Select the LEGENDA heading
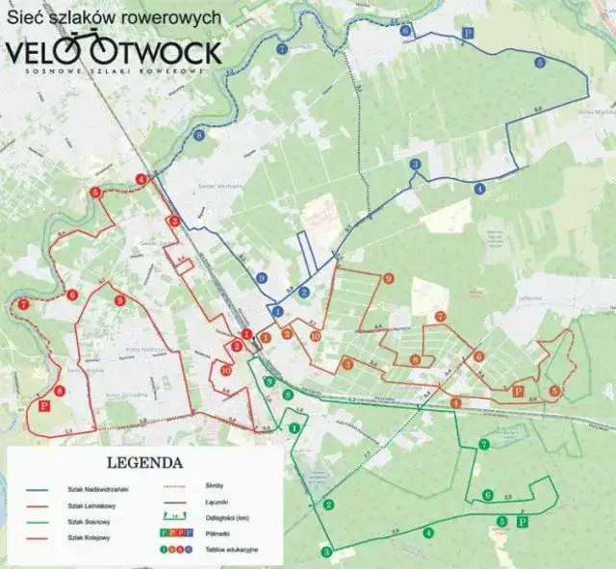pyautogui.click(x=145, y=461)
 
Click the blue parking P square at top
pyautogui.click(x=468, y=33)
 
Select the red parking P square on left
pyautogui.click(x=42, y=406)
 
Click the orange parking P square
pyautogui.click(x=518, y=391)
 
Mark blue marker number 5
pyautogui.click(x=539, y=63)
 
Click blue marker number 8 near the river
pyautogui.click(x=199, y=136)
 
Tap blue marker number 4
pyautogui.click(x=479, y=190)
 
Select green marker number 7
pyautogui.click(x=484, y=444)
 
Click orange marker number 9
pyautogui.click(x=389, y=278)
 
